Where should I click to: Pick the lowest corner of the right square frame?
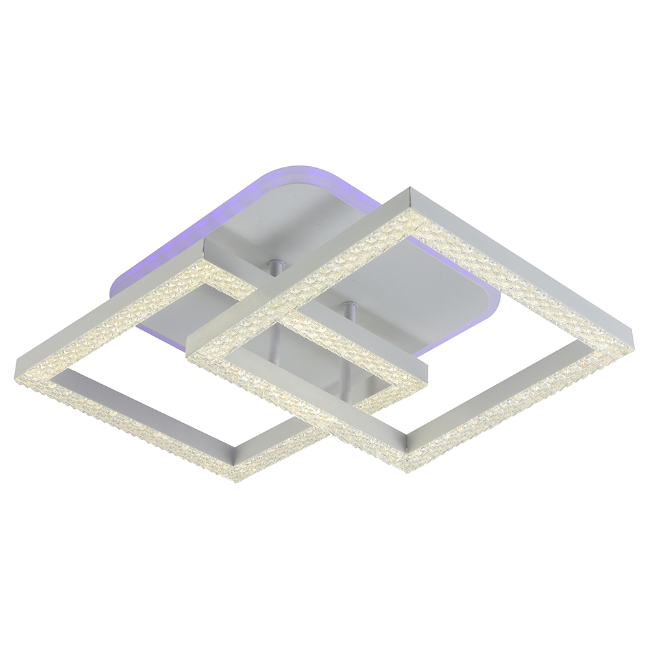pos(408,466)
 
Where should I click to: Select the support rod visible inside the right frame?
pos(350,312)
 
